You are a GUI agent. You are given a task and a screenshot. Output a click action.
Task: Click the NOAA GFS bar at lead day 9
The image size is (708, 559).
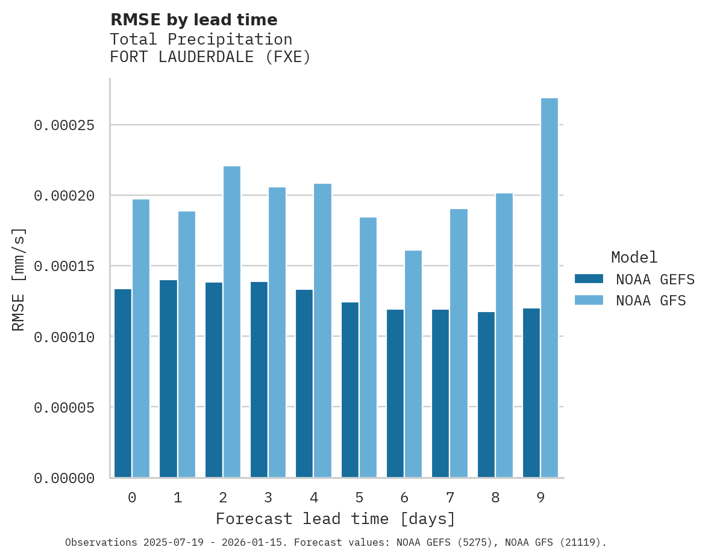[x=549, y=288]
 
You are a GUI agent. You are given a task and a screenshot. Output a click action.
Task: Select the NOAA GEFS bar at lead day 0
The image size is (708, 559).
[x=123, y=383]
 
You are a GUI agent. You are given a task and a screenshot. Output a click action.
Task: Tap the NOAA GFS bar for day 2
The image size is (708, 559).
[x=232, y=322]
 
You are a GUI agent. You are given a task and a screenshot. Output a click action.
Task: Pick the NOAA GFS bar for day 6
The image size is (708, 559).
[x=413, y=364]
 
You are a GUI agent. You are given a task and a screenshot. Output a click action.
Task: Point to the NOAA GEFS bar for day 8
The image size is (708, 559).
[x=486, y=395]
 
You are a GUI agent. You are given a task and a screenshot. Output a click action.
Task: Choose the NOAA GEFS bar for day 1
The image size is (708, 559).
[x=168, y=379]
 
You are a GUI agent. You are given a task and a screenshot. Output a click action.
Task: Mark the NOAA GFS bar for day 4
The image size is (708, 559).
[x=322, y=330]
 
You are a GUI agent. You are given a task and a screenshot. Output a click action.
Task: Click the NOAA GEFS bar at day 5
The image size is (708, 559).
[x=349, y=390]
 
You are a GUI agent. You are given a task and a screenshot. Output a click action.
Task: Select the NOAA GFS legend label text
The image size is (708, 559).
[x=651, y=300]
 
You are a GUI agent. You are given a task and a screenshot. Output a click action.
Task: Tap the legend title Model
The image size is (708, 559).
[x=634, y=257]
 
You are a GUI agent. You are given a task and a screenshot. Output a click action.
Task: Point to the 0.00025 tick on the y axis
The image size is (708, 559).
[x=64, y=125]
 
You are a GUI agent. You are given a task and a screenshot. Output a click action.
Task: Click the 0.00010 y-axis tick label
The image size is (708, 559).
[x=64, y=337]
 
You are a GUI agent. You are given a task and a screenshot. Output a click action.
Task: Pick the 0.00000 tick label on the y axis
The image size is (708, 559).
[x=64, y=478]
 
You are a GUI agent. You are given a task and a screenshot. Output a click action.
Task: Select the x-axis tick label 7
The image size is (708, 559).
[x=450, y=498]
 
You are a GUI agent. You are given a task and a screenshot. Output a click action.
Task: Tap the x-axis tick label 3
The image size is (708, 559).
[x=268, y=498]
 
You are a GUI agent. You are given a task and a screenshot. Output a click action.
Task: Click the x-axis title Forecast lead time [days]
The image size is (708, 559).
[x=336, y=519]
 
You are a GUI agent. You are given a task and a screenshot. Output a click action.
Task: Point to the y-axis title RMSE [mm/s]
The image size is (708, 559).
[x=19, y=279]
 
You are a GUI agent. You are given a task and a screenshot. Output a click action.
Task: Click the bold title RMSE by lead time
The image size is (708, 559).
[x=193, y=20]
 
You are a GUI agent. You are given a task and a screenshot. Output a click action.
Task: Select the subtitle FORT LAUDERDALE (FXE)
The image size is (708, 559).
[x=210, y=57]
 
